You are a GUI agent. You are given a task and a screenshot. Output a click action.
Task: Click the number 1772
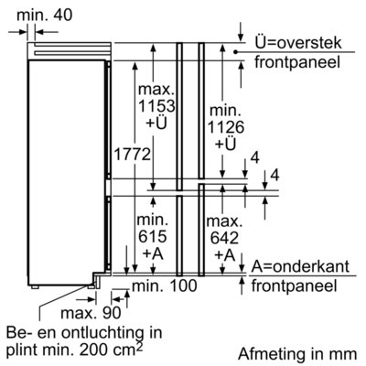click(x=132, y=155)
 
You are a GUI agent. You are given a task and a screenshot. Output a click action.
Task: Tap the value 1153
click(x=156, y=106)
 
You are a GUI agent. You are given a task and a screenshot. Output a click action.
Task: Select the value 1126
click(x=226, y=127)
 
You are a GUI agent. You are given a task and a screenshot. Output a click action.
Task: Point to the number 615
click(x=153, y=236)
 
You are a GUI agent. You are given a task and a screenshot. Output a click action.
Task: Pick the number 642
click(x=224, y=238)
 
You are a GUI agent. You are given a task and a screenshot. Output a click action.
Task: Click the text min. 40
click(x=45, y=16)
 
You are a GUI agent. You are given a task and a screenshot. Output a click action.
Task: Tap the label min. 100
click(x=165, y=285)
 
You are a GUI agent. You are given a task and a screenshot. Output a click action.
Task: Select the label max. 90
click(x=91, y=312)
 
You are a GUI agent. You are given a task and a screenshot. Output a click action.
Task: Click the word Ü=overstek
click(x=298, y=43)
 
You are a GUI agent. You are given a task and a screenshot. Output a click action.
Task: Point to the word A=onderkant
click(x=300, y=266)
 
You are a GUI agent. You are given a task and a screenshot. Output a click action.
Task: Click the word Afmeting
click(x=272, y=354)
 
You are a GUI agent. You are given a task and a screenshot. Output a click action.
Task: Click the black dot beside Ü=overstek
click(x=235, y=52)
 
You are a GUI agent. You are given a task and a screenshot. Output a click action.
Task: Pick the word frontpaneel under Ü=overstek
click(x=297, y=62)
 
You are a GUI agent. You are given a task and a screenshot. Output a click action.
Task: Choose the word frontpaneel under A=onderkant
click(x=294, y=286)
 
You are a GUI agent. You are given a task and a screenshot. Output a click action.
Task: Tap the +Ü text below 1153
click(x=156, y=123)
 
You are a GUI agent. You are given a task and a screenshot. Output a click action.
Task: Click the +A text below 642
click(x=225, y=255)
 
